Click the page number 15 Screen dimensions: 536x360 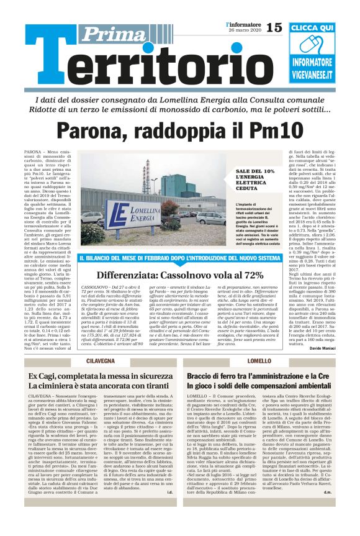pyautogui.click(x=273, y=27)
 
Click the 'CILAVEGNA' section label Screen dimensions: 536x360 pyautogui.click(x=101, y=361)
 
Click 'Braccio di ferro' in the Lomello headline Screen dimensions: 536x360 pyautogui.click(x=217, y=376)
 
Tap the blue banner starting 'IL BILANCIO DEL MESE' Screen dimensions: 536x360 pyautogui.click(x=180, y=258)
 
